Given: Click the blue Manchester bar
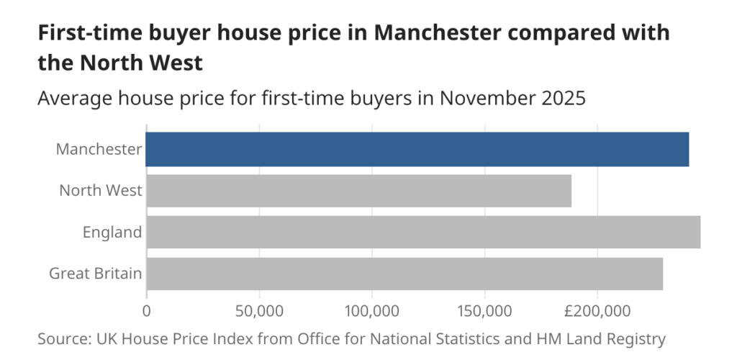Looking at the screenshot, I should (x=417, y=149).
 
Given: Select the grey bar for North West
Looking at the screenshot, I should (x=358, y=191).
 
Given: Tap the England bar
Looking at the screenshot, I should (x=423, y=232).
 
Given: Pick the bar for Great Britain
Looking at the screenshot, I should (x=404, y=274).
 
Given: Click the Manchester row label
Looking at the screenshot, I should (x=99, y=149).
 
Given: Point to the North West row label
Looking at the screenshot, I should (x=101, y=191).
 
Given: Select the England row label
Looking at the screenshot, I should (x=112, y=232).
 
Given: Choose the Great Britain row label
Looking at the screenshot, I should (x=95, y=274).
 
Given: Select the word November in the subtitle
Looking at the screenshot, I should (x=492, y=98).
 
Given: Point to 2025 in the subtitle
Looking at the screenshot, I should (x=565, y=98).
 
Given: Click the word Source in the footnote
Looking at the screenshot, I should (x=62, y=338).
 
